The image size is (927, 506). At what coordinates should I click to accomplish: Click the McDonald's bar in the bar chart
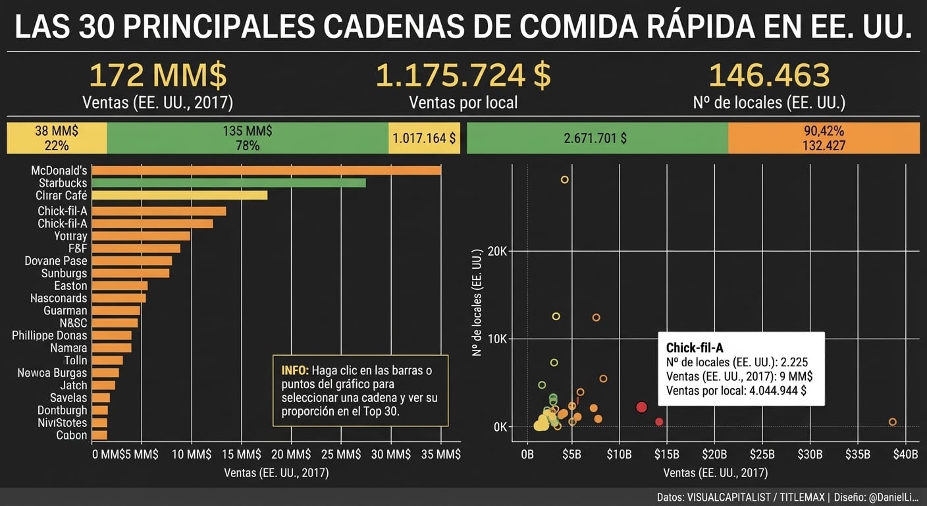tap(267, 170)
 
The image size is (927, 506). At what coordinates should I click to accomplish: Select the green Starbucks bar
tap(229, 183)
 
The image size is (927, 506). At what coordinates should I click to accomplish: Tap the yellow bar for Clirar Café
tap(180, 195)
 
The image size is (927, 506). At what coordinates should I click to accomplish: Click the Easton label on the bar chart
tap(70, 286)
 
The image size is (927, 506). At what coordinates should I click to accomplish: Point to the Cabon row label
tap(71, 435)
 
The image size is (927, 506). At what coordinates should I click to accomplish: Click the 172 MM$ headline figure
tap(158, 75)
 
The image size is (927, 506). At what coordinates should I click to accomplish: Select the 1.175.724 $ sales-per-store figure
tap(463, 75)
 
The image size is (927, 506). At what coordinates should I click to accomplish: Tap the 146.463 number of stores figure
tap(769, 75)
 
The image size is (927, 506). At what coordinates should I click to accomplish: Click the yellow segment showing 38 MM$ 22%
tap(57, 138)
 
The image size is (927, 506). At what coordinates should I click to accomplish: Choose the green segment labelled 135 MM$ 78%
tap(248, 138)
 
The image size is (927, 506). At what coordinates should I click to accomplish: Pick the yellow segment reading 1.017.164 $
tap(424, 138)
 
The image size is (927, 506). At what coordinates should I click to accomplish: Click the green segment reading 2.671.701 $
tap(596, 138)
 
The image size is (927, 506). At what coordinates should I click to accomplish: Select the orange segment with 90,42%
tap(823, 138)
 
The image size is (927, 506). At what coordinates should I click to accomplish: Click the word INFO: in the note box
tap(294, 370)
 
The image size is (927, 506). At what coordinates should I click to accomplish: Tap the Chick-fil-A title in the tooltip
tap(695, 348)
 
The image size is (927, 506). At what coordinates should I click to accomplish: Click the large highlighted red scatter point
tap(642, 407)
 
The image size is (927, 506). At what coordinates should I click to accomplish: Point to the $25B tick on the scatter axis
tap(762, 454)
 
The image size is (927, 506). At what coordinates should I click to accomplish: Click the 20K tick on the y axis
tap(498, 251)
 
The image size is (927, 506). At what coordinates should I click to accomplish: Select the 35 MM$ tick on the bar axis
tap(440, 454)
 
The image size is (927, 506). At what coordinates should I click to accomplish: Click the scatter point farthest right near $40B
tap(892, 422)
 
